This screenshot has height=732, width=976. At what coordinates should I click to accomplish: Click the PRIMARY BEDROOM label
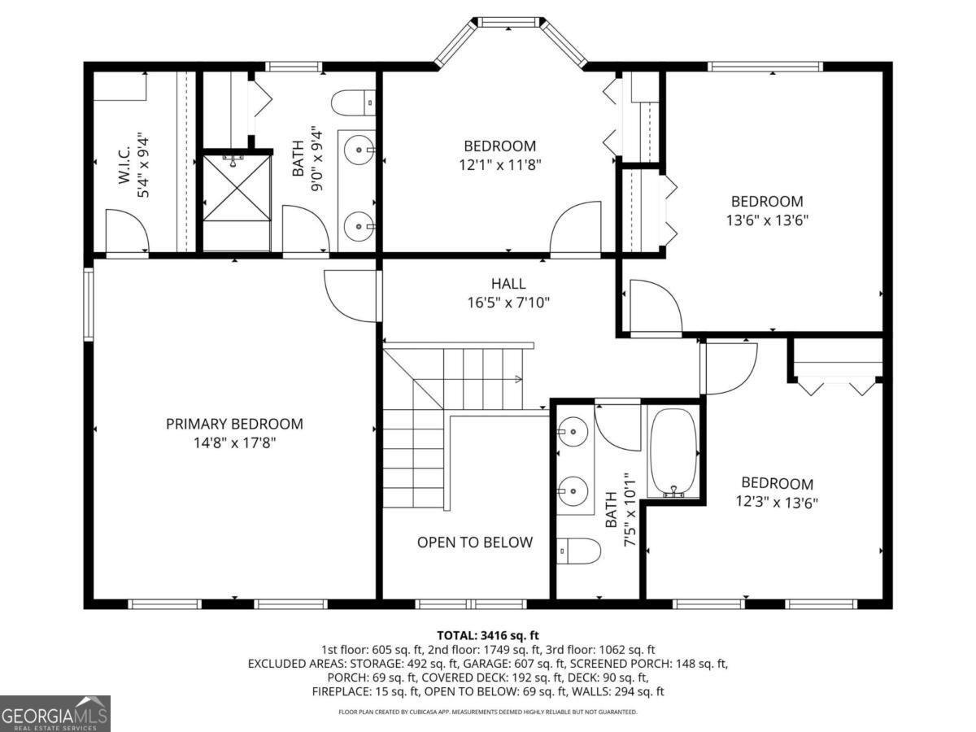pyautogui.click(x=234, y=424)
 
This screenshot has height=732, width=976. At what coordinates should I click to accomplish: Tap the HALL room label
pyautogui.click(x=508, y=284)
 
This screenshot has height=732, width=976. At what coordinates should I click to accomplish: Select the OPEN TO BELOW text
pyautogui.click(x=475, y=542)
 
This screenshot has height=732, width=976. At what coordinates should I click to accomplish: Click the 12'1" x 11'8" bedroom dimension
pyautogui.click(x=500, y=164)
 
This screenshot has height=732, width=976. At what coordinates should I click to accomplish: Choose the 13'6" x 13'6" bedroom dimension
pyautogui.click(x=766, y=220)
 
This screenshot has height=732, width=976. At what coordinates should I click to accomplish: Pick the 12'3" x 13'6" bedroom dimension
pyautogui.click(x=776, y=502)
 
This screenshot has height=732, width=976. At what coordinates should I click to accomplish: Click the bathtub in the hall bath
pyautogui.click(x=673, y=452)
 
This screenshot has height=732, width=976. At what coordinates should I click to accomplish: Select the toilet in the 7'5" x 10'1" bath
pyautogui.click(x=579, y=551)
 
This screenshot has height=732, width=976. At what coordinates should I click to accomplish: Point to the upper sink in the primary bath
pyautogui.click(x=359, y=149)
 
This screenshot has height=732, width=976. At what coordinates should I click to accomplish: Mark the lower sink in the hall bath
pyautogui.click(x=575, y=490)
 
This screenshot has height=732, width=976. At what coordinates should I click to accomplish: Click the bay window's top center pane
pyautogui.click(x=509, y=22)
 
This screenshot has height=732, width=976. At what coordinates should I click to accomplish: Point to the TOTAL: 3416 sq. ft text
pyautogui.click(x=488, y=635)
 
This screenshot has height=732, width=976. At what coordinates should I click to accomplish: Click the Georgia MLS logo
pyautogui.click(x=54, y=713)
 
